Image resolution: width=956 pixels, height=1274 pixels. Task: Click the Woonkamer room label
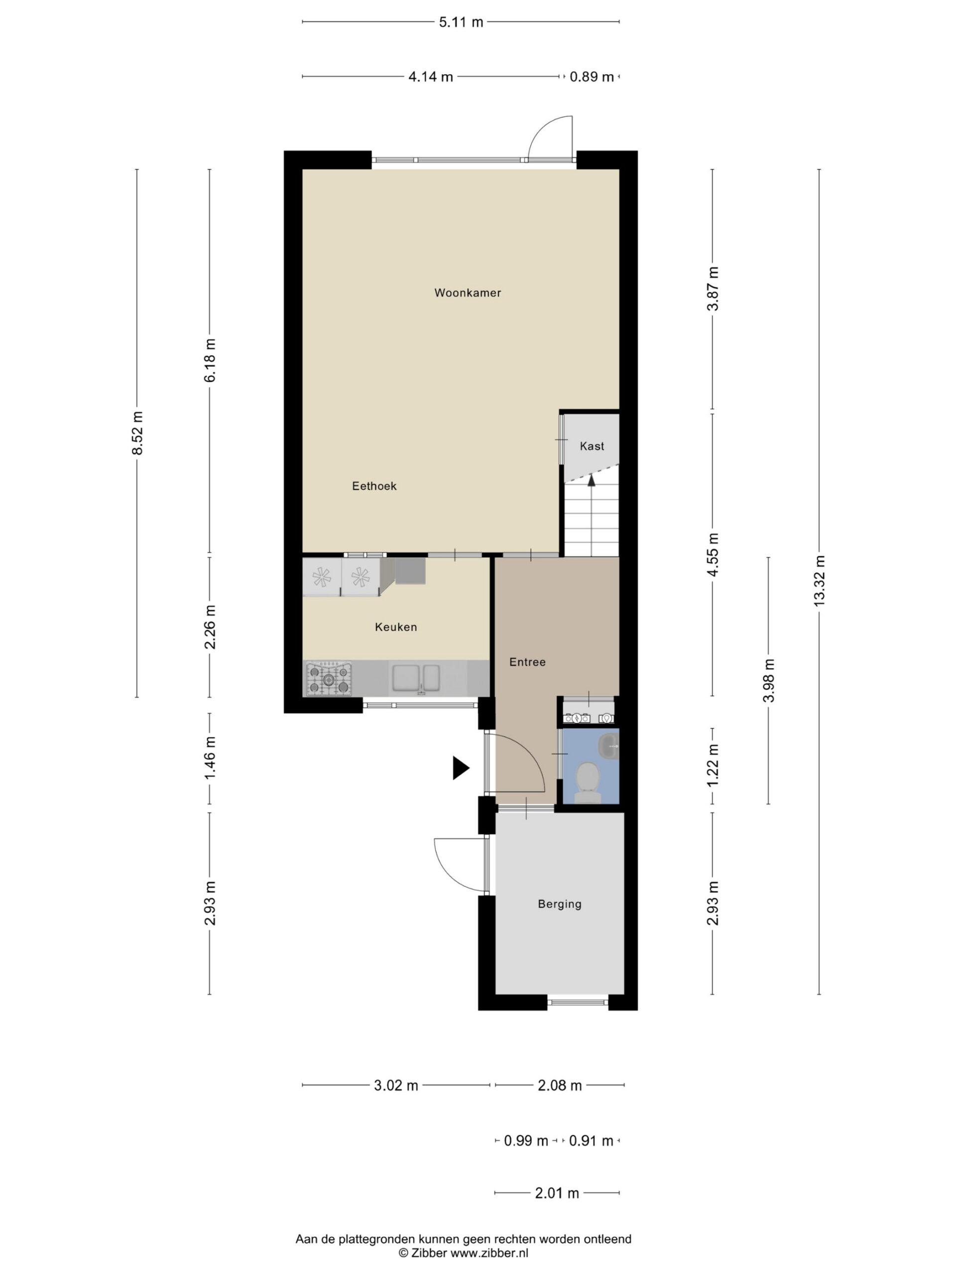[468, 293]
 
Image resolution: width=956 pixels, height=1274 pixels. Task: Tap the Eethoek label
[374, 486]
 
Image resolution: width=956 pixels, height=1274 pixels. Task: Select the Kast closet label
[592, 446]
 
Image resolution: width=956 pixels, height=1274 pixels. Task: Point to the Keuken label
[396, 627]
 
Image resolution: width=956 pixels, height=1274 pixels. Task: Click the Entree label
[527, 662]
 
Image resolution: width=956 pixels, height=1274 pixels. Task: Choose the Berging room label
[560, 904]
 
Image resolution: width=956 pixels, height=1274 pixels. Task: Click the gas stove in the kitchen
[329, 679]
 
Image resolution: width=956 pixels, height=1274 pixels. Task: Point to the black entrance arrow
[461, 768]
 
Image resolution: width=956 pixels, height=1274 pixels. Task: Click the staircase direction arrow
[591, 481]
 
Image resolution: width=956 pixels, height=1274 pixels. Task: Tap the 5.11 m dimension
[461, 22]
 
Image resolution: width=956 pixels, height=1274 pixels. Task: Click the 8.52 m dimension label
[137, 432]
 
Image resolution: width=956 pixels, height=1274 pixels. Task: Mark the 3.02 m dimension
[396, 1086]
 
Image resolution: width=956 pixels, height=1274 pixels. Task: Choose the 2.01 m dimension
[557, 1193]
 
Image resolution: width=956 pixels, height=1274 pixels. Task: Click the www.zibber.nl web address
[489, 1253]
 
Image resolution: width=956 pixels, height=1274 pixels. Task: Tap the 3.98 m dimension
[769, 681]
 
